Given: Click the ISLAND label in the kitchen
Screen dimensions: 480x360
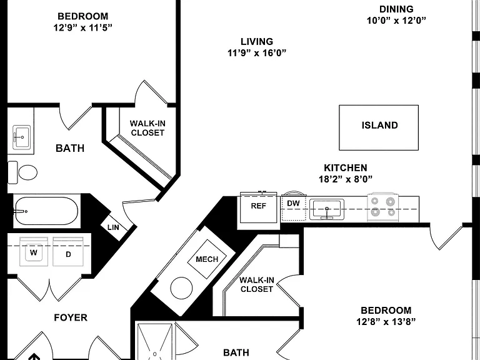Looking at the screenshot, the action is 379,125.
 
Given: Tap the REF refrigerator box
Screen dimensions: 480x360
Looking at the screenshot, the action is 258,207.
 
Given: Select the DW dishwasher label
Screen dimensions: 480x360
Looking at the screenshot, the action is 293,203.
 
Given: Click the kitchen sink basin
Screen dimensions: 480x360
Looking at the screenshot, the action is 327,209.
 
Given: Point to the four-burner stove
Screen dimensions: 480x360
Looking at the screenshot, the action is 383,207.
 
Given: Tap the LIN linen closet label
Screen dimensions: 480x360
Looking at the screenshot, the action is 113,227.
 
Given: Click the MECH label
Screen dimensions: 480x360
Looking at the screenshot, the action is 207,259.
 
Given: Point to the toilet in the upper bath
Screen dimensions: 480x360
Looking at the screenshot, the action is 22,172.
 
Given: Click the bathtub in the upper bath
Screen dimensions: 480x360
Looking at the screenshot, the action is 46,211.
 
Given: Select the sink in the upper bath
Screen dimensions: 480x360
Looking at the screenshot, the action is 21,137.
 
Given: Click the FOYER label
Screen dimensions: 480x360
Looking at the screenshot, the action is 71,317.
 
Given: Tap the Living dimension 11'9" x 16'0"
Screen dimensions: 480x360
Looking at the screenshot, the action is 257,53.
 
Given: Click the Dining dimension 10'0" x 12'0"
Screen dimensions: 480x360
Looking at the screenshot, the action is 396,21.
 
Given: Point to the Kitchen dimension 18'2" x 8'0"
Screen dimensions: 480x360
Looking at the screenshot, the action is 346,179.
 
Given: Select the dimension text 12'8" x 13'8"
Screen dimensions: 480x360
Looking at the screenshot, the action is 386,322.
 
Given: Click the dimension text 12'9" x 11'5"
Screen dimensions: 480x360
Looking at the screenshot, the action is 83,27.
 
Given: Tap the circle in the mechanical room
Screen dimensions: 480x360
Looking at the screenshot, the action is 181,288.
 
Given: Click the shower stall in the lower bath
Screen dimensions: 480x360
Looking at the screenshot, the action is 155,341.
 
